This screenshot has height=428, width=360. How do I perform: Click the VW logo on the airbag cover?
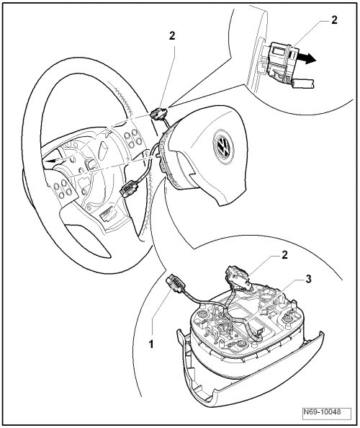point(223,146)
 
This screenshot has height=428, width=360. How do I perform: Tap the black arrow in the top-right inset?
point(307,58)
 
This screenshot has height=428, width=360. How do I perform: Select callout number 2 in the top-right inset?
point(334,19)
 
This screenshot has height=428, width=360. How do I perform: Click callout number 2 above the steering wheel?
point(172,36)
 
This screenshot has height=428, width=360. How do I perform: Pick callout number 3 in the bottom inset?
point(308,279)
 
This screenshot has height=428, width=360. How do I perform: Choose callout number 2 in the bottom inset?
point(284,255)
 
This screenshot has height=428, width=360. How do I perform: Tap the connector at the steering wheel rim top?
point(158,113)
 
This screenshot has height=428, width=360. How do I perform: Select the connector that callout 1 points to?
point(176,283)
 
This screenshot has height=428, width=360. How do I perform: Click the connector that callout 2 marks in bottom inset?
point(236,277)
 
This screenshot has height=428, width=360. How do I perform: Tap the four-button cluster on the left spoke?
point(63,189)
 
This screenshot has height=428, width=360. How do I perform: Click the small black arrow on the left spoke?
point(53,160)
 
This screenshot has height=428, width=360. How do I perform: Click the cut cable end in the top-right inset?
point(305,84)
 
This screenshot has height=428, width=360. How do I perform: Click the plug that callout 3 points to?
point(257,330)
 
